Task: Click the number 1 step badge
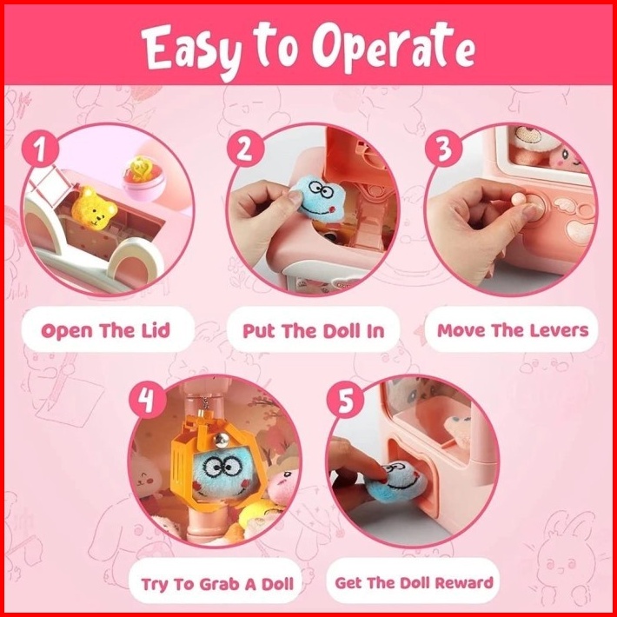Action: point(40,150)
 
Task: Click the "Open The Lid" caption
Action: point(105,331)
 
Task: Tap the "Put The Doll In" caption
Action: point(313,331)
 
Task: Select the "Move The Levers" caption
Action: point(513,330)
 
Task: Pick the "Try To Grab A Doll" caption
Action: point(217,584)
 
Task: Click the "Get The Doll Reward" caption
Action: point(414,582)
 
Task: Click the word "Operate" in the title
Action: point(394,47)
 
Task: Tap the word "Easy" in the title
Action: point(191,50)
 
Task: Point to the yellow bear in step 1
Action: point(94,208)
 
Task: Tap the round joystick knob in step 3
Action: point(518,198)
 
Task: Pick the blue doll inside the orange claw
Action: point(222,475)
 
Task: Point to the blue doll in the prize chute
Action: point(396,482)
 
